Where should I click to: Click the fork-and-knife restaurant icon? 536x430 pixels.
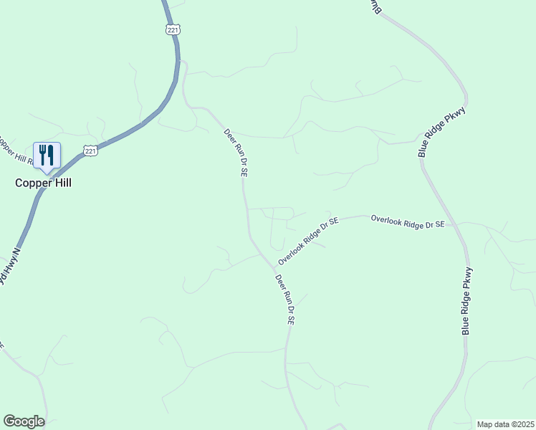tap(47, 155)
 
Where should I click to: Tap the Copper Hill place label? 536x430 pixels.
tap(44, 183)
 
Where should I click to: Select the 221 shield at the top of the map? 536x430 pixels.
tap(172, 29)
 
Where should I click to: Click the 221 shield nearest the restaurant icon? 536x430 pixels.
tap(90, 149)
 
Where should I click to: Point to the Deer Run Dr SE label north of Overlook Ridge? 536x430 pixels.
tap(236, 153)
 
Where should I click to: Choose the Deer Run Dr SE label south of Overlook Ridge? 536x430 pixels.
tap(285, 300)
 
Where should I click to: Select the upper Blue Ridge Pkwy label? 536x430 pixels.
tap(442, 132)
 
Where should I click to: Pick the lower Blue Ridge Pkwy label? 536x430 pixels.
tap(467, 300)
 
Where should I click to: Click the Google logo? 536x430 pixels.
tap(24, 421)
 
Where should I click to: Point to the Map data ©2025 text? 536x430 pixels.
tap(505, 424)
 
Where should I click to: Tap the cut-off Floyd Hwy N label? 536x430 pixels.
tap(9, 266)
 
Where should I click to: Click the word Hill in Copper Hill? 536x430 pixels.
tap(60, 183)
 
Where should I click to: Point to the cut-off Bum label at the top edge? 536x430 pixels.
tap(375, 6)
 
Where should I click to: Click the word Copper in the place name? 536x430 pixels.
tap(32, 183)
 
